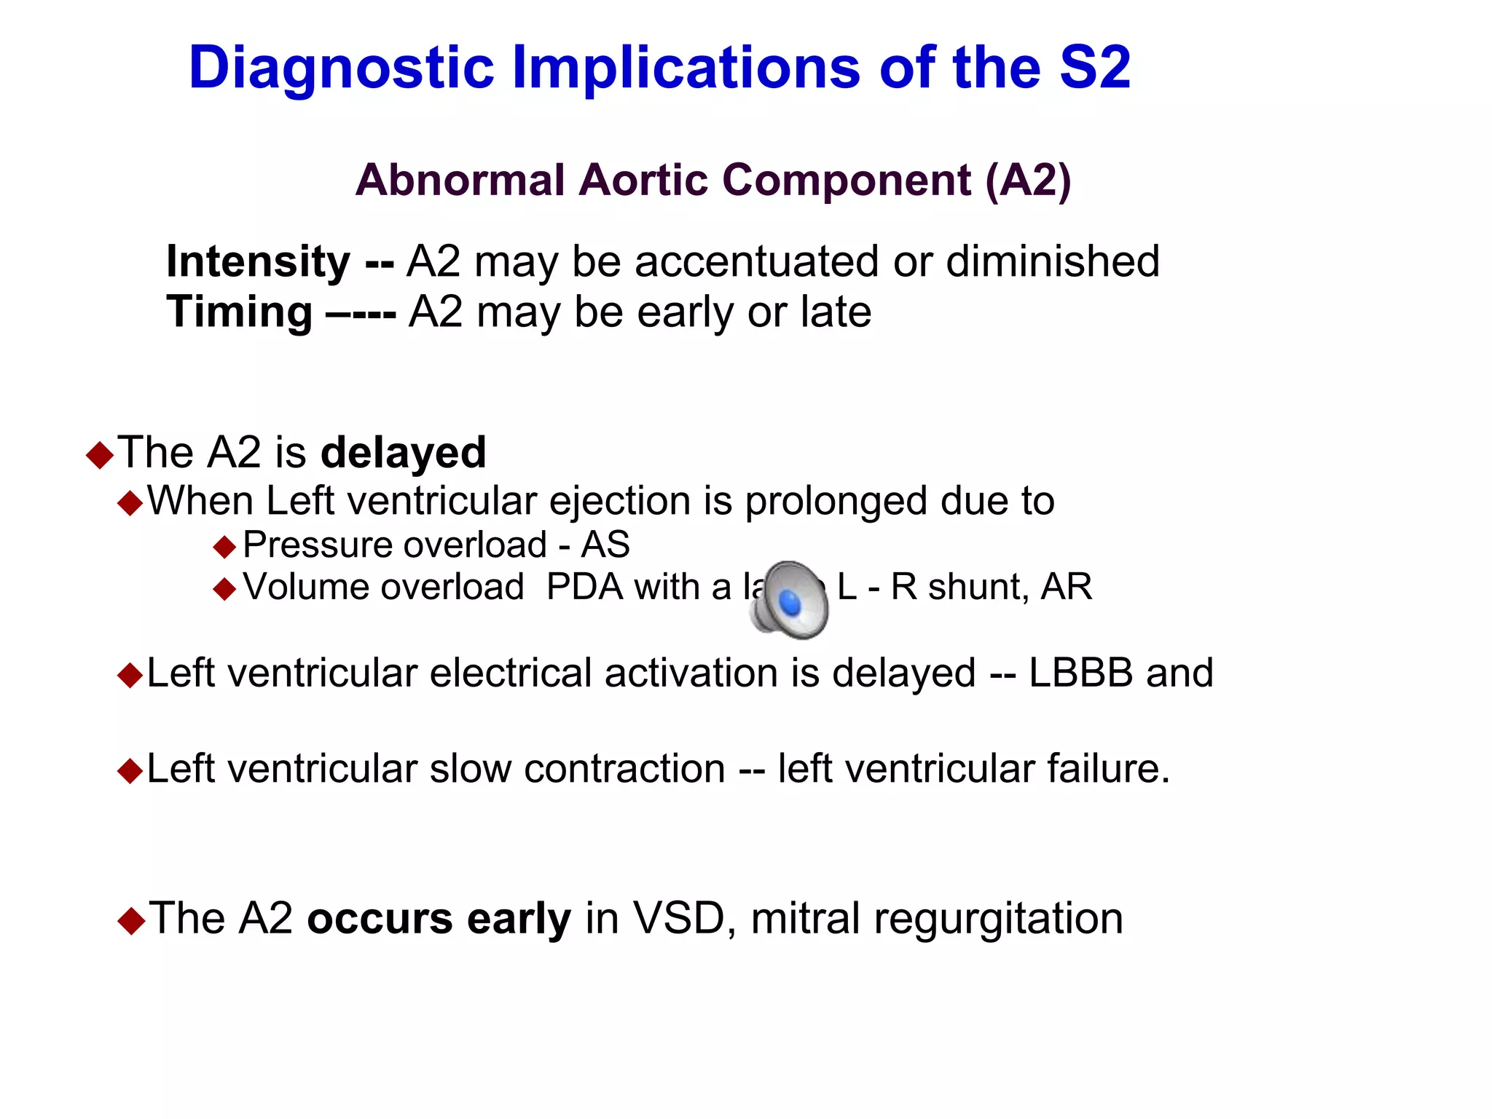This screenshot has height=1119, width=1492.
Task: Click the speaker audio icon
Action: point(790,600)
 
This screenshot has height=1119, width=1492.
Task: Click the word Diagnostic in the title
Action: point(341,68)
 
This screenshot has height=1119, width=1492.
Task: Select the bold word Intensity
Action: point(258,261)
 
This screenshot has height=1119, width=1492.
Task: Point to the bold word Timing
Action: point(239,312)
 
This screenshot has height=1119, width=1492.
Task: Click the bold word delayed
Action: point(403,452)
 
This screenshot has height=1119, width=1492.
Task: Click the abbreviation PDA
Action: point(584,587)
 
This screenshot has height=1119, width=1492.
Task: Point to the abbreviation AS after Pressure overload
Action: point(605,545)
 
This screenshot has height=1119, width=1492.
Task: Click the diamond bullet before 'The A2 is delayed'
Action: point(100,455)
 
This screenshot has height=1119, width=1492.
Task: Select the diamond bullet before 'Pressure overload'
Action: point(225,546)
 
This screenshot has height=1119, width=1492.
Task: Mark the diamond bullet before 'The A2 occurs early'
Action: point(131,921)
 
